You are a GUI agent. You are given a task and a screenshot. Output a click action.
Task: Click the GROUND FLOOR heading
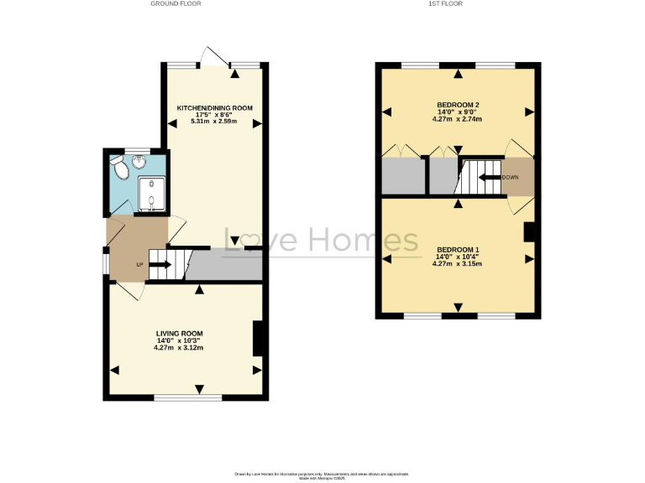point(176,4)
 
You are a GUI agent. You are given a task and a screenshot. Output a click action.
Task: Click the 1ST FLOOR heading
point(458,4)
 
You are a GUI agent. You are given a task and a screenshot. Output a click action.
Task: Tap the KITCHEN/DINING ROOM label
point(214,108)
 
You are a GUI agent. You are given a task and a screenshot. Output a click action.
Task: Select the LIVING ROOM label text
point(178,333)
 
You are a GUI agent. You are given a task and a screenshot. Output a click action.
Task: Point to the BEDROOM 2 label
point(458,104)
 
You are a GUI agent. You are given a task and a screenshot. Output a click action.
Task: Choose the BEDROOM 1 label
point(458,250)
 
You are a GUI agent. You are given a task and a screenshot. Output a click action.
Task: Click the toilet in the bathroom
point(119,170)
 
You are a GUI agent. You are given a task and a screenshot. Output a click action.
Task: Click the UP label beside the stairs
point(139,265)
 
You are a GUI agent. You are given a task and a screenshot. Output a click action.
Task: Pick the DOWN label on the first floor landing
point(510,178)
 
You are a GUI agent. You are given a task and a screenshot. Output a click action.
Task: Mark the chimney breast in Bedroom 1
point(529,232)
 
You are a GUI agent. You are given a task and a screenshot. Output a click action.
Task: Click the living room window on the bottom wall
point(187,397)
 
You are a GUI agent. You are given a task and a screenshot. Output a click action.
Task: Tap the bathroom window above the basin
point(136,150)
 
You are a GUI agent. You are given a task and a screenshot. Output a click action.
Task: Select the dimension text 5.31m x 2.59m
point(214,122)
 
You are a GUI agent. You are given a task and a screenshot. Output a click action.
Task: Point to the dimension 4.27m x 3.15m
point(458,264)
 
